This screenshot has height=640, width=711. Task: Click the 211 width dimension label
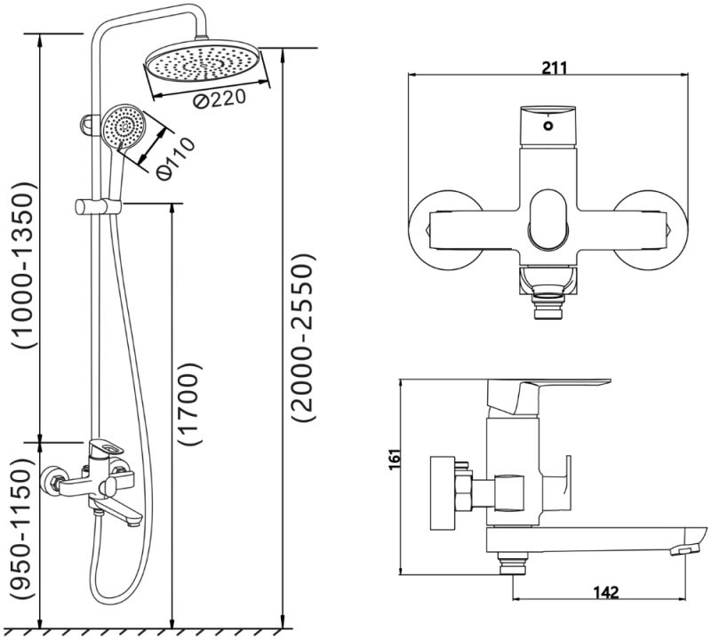554,68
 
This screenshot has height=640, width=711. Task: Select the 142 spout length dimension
605,592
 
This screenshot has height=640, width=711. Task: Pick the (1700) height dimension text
189,404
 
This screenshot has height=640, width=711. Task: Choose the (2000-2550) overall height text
302,337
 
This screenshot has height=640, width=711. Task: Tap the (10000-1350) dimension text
22,265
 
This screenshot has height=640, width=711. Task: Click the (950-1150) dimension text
22,529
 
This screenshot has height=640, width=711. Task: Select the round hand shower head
124,126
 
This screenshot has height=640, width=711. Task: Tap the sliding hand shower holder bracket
98,206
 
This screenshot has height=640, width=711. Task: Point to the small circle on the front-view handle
548,126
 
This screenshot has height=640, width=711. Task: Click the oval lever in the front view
548,220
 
